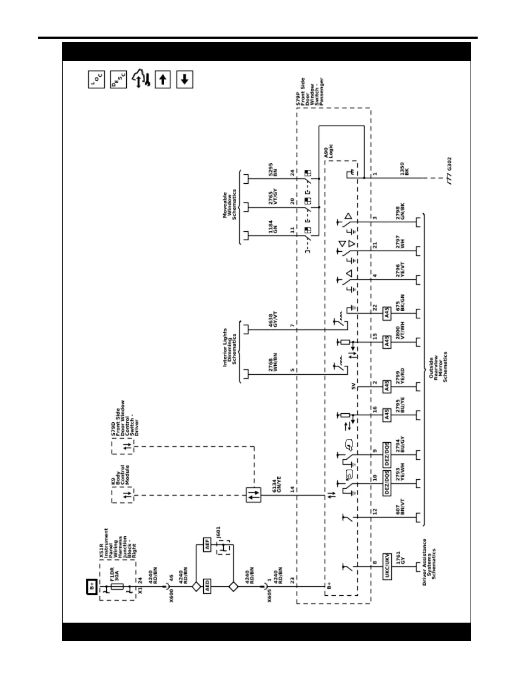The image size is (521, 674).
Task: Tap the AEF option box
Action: pyautogui.click(x=207, y=545)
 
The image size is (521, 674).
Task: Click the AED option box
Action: pyautogui.click(x=207, y=586)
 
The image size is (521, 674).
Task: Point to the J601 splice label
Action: pyautogui.click(x=218, y=532)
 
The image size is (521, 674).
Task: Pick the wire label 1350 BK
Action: pyautogui.click(x=404, y=168)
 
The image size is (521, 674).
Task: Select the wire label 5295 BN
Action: pyautogui.click(x=273, y=170)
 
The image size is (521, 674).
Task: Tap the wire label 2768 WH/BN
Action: pyautogui.click(x=273, y=363)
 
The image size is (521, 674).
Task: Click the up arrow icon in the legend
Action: pyautogui.click(x=162, y=79)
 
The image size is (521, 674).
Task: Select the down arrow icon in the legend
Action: pyautogui.click(x=184, y=79)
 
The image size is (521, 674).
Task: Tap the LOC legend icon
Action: pyautogui.click(x=96, y=79)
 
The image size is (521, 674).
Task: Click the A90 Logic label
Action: pyautogui.click(x=329, y=151)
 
